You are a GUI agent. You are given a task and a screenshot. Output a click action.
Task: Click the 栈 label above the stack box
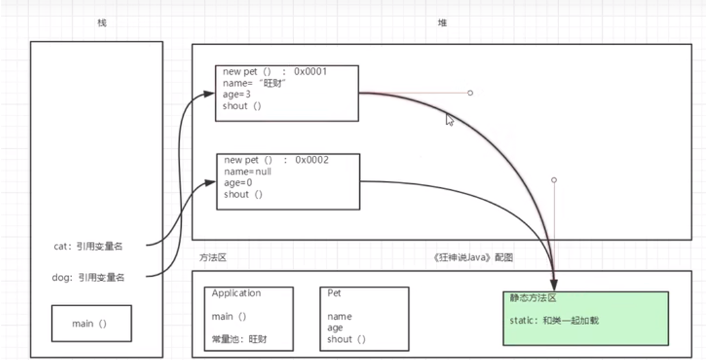click(102, 23)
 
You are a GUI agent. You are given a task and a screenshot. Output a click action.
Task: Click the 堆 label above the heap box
click(442, 23)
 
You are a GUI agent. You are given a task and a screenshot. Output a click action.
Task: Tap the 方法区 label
click(212, 258)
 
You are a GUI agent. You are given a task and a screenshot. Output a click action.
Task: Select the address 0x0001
click(310, 71)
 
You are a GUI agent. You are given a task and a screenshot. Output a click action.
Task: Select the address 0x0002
click(312, 160)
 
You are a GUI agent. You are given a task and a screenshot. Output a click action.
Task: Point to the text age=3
click(237, 95)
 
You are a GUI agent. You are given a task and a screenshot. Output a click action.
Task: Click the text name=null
click(247, 172)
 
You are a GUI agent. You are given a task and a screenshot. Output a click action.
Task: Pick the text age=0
click(238, 183)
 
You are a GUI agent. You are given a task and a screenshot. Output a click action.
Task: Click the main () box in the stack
click(91, 323)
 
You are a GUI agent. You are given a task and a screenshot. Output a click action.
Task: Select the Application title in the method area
click(236, 294)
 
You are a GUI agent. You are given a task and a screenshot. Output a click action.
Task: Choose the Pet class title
click(334, 294)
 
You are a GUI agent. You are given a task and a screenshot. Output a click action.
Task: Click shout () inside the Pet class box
click(346, 339)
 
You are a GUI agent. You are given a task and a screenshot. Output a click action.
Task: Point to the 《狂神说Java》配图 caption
click(473, 258)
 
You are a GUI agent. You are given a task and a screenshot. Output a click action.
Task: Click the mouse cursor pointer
click(449, 120)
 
